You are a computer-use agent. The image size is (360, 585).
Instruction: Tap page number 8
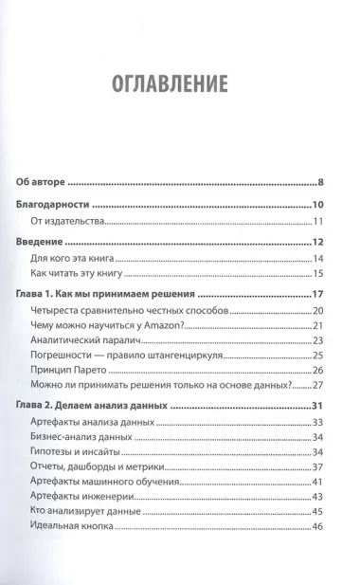coord(322,182)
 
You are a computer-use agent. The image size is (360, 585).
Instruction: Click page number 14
coord(319,260)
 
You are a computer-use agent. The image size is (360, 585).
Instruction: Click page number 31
coord(319,408)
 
